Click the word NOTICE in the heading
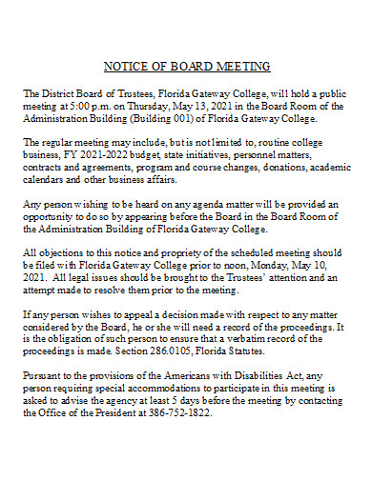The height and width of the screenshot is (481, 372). pos(122,67)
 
